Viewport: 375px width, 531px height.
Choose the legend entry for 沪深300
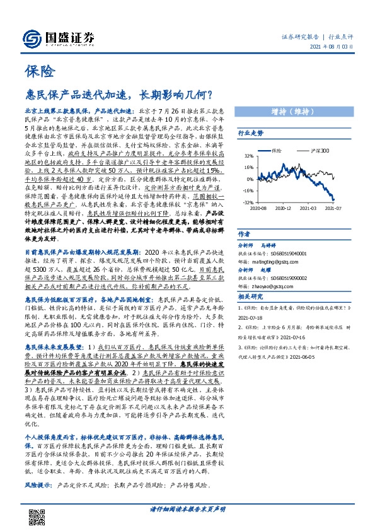point(317,151)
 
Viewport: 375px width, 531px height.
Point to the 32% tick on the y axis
point(248,156)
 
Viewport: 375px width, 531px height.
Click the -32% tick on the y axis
point(248,202)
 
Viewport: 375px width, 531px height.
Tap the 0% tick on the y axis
point(250,179)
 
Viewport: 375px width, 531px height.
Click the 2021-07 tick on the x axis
point(332,207)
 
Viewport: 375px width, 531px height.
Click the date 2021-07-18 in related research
point(252,319)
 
